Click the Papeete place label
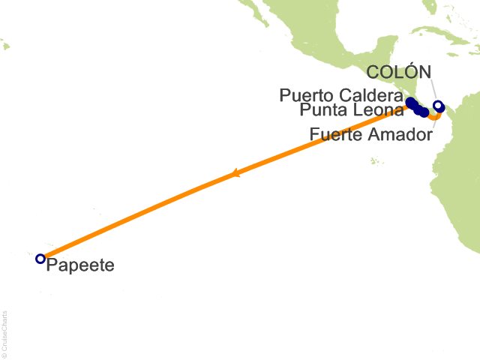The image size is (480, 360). coord(80,265)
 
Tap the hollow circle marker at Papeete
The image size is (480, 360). coord(40,259)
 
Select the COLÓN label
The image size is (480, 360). coord(400,73)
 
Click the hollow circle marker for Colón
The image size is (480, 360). coord(439,106)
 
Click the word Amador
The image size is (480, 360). coord(401,135)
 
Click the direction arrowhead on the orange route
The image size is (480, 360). coord(235,174)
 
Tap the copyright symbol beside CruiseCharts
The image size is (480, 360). coord(5,355)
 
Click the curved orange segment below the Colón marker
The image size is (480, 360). coord(435,117)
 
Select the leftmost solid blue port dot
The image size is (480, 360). coord(409,101)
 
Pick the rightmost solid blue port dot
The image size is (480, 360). coord(424,112)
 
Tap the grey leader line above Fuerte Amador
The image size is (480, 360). coord(433,123)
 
